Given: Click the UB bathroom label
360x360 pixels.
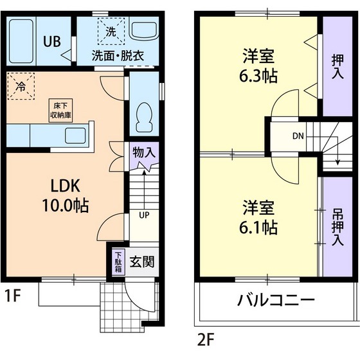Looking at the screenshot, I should point(51,41).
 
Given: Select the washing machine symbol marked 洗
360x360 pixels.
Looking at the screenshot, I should point(105,30).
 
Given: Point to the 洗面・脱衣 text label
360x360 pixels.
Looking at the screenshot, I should point(118,55).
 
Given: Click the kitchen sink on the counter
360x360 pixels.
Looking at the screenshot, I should point(76,136).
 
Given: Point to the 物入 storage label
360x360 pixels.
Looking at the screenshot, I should point(144,152).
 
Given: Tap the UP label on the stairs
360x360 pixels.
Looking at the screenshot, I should point(144,215).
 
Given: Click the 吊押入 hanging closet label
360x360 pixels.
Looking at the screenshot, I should point(337,227).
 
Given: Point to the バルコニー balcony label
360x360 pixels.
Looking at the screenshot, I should point(275,300).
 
